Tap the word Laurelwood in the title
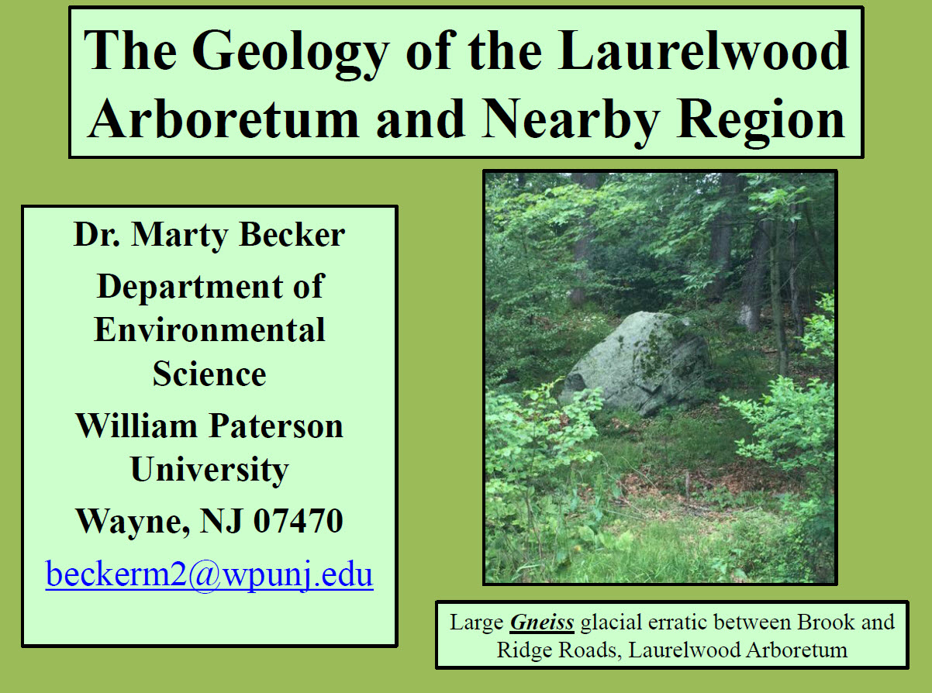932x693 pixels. [x=704, y=50]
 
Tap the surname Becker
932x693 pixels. [x=292, y=235]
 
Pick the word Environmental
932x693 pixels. [x=209, y=330]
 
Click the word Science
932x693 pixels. [x=209, y=374]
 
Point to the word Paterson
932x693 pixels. [x=276, y=426]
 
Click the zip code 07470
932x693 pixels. [x=299, y=521]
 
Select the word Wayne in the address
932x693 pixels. [x=133, y=522]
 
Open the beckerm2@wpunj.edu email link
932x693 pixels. [x=209, y=574]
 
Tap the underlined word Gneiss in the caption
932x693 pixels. [x=542, y=622]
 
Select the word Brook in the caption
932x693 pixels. [x=826, y=622]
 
